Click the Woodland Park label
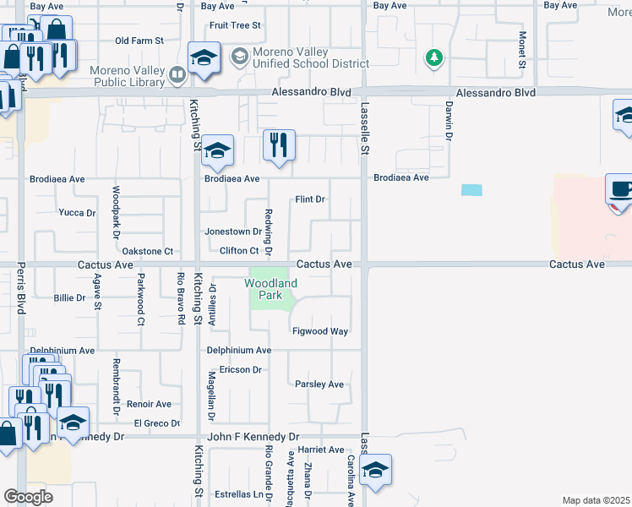[271, 289]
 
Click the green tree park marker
[434, 57]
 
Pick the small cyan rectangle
[472, 190]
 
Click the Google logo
[28, 497]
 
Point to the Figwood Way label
[321, 332]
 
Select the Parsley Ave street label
[319, 384]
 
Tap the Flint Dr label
[310, 199]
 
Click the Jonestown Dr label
[233, 232]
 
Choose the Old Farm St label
[139, 41]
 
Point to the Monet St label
[522, 51]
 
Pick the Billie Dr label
[69, 298]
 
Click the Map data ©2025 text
[596, 500]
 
